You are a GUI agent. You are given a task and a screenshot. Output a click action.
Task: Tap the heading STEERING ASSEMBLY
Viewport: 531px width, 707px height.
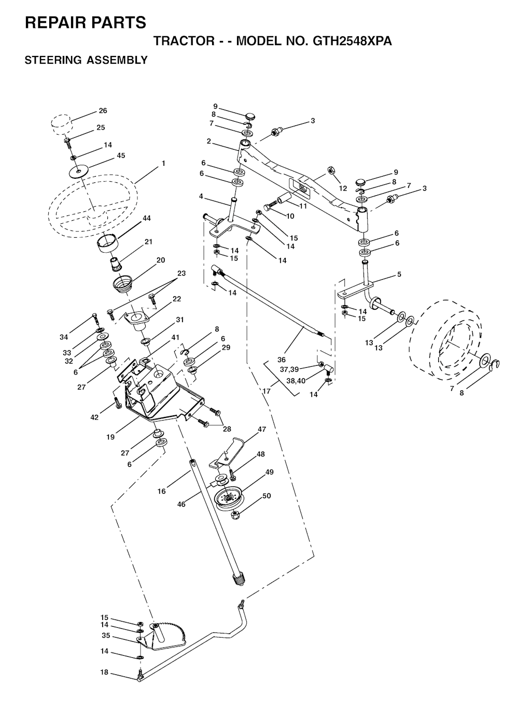[86, 60]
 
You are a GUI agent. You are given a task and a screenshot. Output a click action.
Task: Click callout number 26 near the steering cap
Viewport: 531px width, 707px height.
[103, 110]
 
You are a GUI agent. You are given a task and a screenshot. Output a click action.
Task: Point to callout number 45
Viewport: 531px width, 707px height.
[121, 155]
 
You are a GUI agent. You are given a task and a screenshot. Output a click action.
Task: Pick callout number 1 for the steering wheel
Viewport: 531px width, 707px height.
[163, 163]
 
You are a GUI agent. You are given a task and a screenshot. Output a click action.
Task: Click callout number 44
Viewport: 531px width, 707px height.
[147, 218]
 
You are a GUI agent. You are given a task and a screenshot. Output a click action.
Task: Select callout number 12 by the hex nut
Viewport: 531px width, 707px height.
[343, 188]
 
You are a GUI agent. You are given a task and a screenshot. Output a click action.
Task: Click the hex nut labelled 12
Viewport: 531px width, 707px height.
[330, 170]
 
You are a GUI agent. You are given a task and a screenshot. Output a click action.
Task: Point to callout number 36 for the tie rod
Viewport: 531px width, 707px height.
[282, 359]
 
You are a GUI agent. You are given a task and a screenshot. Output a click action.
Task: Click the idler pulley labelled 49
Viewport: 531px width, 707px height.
[229, 500]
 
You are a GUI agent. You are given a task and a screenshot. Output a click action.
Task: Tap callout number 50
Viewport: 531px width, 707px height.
[267, 496]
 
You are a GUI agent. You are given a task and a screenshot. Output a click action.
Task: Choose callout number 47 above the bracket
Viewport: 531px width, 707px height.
[262, 429]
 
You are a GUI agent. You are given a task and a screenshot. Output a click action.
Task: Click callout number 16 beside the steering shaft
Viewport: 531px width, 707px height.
[161, 491]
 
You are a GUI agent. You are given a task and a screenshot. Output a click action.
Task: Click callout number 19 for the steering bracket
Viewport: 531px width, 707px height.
[110, 437]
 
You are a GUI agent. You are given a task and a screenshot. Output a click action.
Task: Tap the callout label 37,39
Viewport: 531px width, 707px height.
[289, 369]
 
